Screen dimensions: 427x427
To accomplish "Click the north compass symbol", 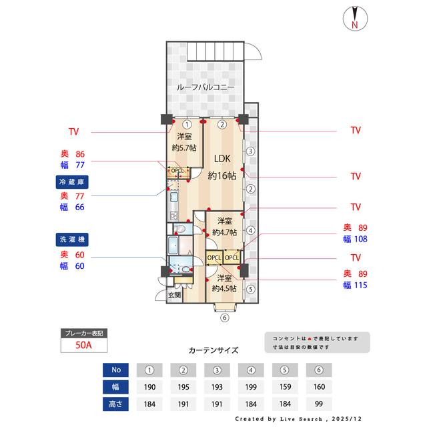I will pos(354,18).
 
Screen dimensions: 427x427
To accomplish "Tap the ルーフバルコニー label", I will pos(205,87).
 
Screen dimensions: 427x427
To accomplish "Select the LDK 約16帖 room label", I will pos(222,167).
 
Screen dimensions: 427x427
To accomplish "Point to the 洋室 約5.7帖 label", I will pos(183,142).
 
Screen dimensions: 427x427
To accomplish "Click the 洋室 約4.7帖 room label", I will pos(224,226).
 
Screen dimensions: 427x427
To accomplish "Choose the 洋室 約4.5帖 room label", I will pos(224,283).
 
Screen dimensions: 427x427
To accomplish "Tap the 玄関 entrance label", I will pos(174,295).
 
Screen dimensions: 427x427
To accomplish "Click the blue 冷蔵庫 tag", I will pos(72,181).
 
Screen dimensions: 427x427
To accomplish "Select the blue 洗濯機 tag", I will pos(72,239).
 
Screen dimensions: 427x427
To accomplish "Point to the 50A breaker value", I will pos(83,346).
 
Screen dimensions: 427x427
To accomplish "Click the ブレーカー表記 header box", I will pos(83,333).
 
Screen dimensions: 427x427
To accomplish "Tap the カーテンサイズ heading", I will pos(213,350).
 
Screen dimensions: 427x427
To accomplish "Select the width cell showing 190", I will pos(150,386).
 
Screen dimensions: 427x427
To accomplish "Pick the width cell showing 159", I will pos(285,386).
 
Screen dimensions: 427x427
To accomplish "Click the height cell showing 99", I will pos(318,403).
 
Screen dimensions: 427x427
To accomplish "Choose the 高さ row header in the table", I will pos(116,403).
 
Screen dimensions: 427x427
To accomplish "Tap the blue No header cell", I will pos(116,370).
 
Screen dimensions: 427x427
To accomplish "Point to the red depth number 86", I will pos(81,153).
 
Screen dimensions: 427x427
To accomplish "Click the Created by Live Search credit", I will pos(300,418).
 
